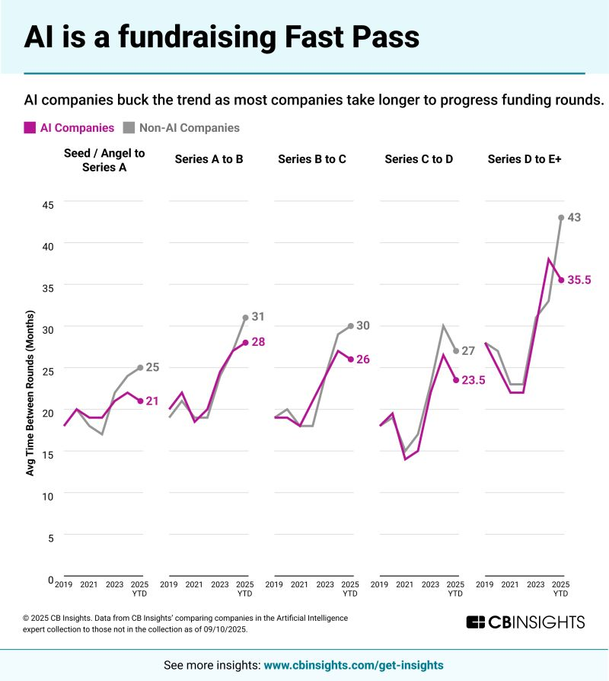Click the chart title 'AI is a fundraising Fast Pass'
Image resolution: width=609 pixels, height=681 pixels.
click(x=221, y=37)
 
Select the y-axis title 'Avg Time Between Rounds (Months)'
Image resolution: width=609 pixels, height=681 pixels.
click(x=30, y=393)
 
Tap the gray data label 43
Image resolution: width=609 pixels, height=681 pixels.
click(x=575, y=217)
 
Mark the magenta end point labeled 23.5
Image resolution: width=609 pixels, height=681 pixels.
click(x=455, y=379)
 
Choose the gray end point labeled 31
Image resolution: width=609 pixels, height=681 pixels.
click(x=245, y=317)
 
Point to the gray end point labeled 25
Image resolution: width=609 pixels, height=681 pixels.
click(x=140, y=367)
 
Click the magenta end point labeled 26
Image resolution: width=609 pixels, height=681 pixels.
click(x=350, y=359)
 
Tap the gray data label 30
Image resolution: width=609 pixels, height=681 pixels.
click(x=364, y=325)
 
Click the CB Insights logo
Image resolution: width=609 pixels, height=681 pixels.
click(x=525, y=622)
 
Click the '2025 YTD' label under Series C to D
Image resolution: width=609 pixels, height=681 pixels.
click(x=455, y=589)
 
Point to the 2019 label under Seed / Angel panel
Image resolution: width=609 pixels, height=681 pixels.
click(x=64, y=585)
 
